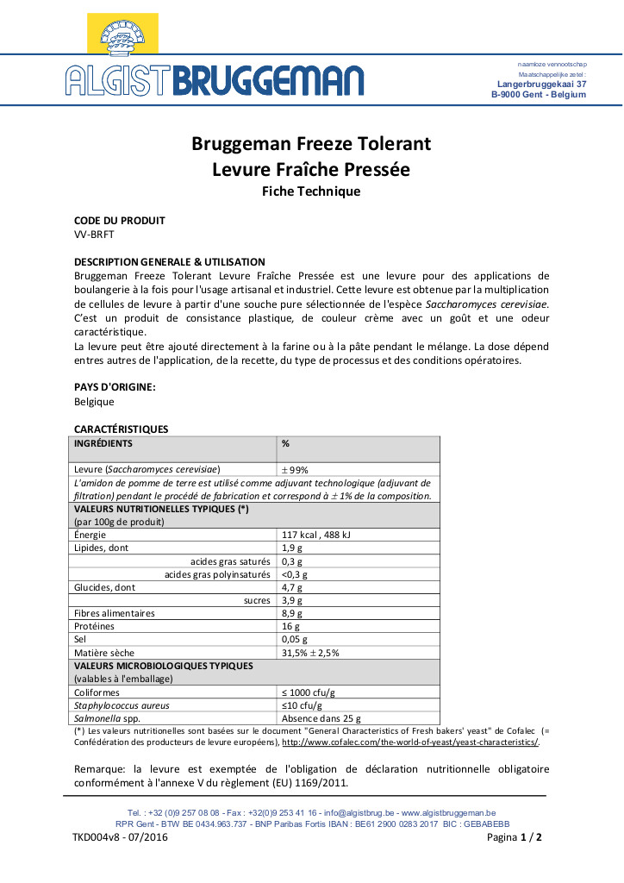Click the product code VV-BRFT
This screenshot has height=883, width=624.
tap(94, 234)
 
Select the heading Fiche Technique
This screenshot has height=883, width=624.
tap(311, 191)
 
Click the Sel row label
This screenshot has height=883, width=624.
tap(81, 639)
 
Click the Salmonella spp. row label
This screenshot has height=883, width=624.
tap(103, 717)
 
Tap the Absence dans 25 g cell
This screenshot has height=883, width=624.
tap(321, 717)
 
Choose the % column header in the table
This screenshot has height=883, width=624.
tap(285, 443)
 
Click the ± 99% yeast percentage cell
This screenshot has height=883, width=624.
tap(295, 469)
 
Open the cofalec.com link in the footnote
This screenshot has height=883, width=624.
tap(410, 742)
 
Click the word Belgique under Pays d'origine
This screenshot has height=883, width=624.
tap(94, 401)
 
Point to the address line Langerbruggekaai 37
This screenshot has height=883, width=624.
tap(542, 85)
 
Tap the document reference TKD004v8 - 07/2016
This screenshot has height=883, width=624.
tap(120, 837)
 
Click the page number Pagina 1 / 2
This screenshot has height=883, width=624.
tap(515, 837)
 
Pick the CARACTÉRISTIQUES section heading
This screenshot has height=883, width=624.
tap(121, 429)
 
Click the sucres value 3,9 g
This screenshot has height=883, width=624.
tap(291, 600)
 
